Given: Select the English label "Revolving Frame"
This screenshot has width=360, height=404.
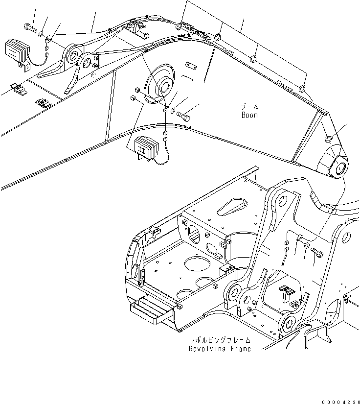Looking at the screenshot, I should click(x=220, y=349).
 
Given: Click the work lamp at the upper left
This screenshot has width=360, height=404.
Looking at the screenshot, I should click(x=17, y=50).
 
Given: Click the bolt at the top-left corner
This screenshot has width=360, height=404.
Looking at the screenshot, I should click(x=30, y=27).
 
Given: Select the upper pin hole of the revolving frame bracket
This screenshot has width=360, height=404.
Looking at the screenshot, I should click(x=282, y=201).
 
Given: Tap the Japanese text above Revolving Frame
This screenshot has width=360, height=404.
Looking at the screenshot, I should click(x=220, y=340).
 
